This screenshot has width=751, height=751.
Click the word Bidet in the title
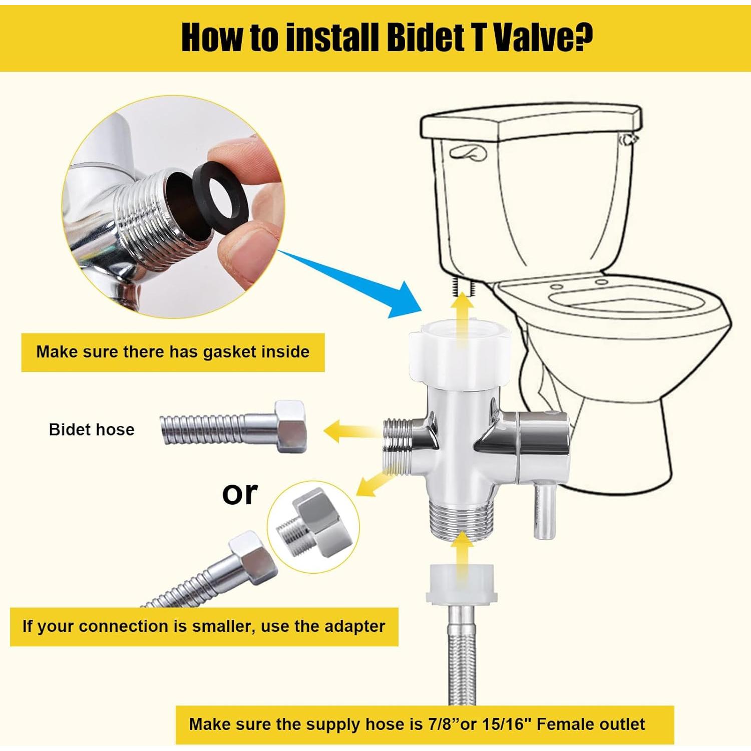tap(429, 38)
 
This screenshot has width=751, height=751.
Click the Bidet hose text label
tap(92, 430)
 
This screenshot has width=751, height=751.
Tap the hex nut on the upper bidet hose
tap(290, 427)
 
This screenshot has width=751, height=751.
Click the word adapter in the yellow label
tap(354, 626)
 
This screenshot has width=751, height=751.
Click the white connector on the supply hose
tap(462, 584)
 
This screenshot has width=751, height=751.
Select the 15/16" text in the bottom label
tap(507, 724)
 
